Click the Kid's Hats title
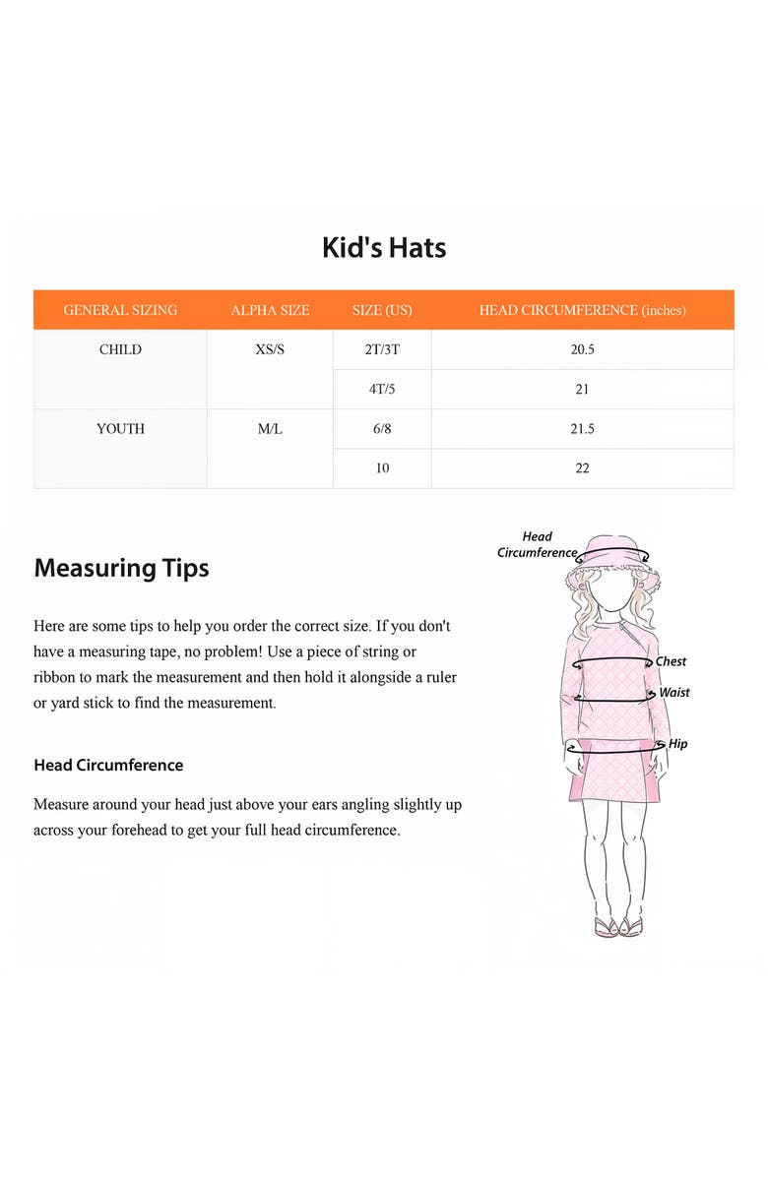tap(384, 247)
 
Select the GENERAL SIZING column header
tap(120, 310)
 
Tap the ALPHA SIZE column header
tap(270, 310)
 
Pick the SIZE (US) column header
tap(382, 310)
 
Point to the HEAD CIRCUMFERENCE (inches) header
tap(582, 310)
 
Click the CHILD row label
tap(120, 349)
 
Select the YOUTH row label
tap(120, 429)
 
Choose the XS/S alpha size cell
tap(270, 349)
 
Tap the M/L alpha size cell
tap(270, 429)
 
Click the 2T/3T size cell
tap(382, 349)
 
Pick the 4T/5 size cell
tap(382, 390)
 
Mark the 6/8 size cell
tap(382, 429)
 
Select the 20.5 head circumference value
tap(582, 349)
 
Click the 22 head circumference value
tap(582, 468)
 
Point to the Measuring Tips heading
tap(121, 568)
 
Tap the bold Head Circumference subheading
tap(108, 765)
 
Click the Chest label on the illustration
tap(672, 661)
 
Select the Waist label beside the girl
tap(674, 693)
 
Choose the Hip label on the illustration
tap(678, 744)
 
